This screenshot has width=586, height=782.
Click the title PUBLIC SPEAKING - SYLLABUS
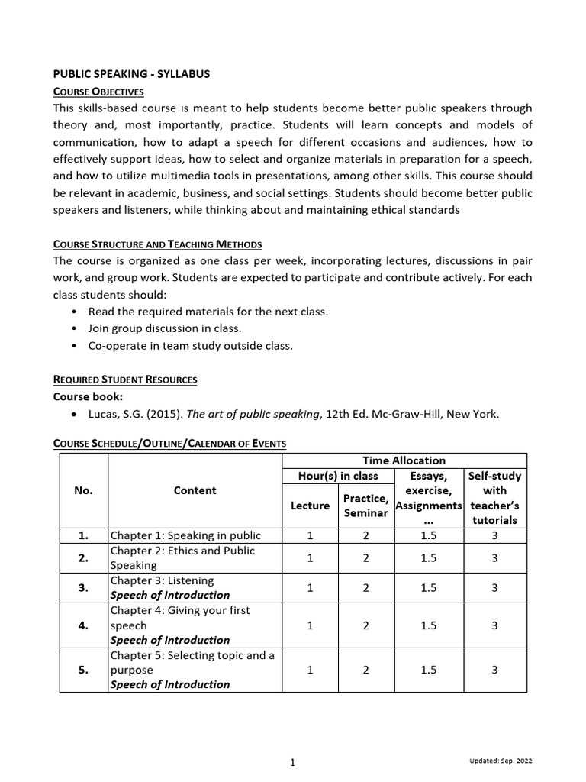pos(130,74)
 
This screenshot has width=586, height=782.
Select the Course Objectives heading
pos(98,91)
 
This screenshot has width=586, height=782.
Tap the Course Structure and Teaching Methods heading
pos(157,244)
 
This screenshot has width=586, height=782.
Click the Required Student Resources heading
pos(124,379)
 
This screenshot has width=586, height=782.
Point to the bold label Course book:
pos(88,396)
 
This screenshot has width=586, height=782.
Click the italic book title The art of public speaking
pos(253,415)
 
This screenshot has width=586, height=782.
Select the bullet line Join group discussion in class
pos(165,328)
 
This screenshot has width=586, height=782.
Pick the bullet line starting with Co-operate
pos(190,346)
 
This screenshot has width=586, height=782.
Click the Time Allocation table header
pos(404,460)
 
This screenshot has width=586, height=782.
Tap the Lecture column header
pos(311,506)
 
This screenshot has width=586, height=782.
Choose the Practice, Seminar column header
pos(366,506)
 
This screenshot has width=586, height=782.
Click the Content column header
pos(195,490)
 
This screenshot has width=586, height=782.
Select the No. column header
pos(83,490)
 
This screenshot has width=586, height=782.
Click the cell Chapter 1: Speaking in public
pos(185,535)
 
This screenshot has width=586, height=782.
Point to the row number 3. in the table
pos(83,588)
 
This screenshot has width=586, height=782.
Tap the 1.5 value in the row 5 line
pos(428,670)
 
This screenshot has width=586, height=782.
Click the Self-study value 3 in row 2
pos(494,558)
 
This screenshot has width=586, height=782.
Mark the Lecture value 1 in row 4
pos(311,625)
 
